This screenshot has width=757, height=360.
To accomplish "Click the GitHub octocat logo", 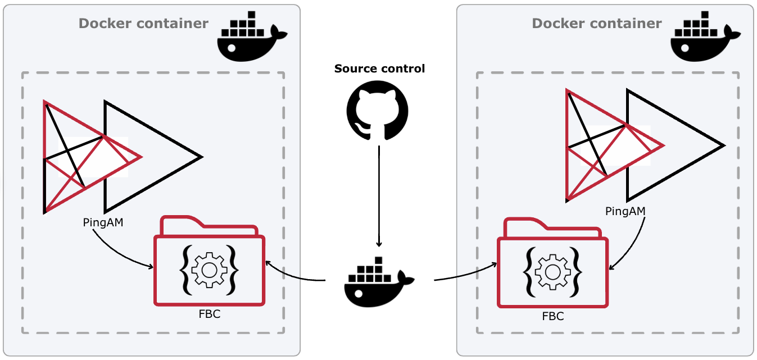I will tap(378, 110).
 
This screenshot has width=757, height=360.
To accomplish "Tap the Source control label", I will tap(379, 69).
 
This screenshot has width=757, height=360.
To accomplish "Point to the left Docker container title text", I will tap(143, 24).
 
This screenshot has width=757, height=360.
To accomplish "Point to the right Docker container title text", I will tap(596, 24).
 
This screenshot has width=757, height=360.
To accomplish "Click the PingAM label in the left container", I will tap(103, 222).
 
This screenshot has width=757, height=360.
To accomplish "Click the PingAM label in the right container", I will tap(625, 211).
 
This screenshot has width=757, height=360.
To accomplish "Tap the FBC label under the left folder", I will tap(210, 314).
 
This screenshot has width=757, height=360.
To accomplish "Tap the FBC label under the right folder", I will tap(552, 316).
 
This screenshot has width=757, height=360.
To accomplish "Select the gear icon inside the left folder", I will tap(209, 270).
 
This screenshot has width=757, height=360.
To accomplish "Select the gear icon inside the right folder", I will tap(552, 272).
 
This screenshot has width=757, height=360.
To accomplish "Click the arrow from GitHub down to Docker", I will tap(379, 197).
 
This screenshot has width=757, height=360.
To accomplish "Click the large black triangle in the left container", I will tap(169, 156).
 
